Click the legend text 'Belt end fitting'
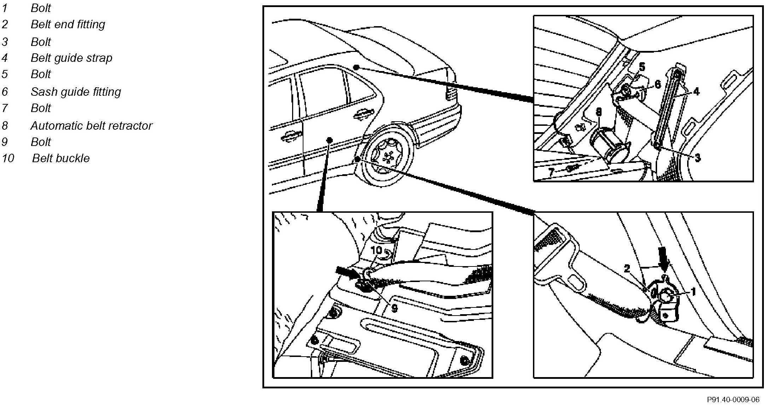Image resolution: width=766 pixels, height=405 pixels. [68, 24]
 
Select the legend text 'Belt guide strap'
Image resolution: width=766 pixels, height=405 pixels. [71, 58]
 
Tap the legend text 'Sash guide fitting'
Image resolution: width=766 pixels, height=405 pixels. [76, 92]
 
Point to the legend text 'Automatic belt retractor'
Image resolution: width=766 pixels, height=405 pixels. [91, 126]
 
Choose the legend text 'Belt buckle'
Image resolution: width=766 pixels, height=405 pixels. [61, 158]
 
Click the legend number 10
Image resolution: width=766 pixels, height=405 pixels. [8, 158]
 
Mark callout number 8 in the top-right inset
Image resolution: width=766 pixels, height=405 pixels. [598, 112]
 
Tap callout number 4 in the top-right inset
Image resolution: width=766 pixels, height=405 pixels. [696, 92]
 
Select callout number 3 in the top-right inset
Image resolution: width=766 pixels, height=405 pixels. [697, 158]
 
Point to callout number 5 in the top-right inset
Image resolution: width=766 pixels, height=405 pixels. [642, 67]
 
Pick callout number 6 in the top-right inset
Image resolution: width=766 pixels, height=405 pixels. [657, 84]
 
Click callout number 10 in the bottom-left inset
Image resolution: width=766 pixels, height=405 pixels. [377, 250]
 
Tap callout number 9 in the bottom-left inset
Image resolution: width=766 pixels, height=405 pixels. [394, 308]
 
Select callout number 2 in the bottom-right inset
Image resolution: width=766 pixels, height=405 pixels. [627, 269]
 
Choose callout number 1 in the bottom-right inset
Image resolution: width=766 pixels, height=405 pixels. [693, 292]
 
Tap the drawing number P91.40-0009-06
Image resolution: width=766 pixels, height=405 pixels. [732, 400]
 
